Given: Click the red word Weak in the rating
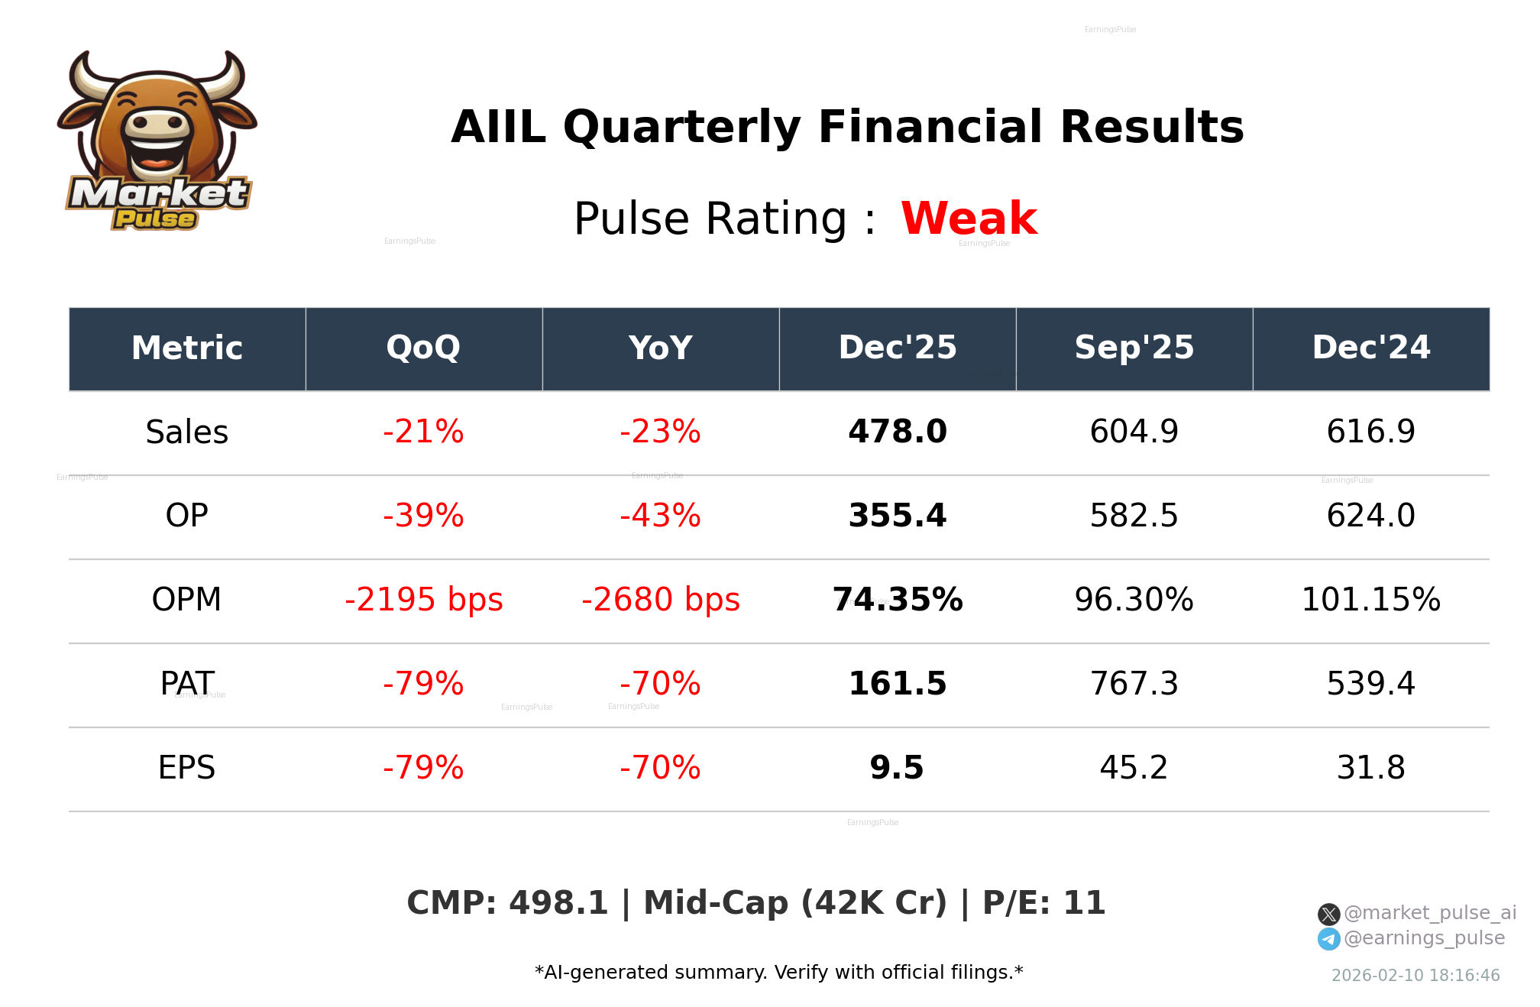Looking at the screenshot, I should [x=969, y=219].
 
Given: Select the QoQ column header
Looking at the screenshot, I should [x=423, y=348].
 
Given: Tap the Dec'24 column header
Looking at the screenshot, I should [x=1370, y=348].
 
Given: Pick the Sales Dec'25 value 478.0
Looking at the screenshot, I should [x=897, y=432].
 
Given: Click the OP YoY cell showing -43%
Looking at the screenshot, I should [x=660, y=516].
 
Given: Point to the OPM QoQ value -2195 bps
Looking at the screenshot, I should [x=423, y=600].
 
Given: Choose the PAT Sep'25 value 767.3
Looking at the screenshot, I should [x=1134, y=684].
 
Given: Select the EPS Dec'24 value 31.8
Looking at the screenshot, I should [x=1370, y=768].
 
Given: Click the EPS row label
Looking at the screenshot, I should [x=186, y=768].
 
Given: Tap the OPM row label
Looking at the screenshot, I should [x=186, y=600].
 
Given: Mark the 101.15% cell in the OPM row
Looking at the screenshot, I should [x=1370, y=600].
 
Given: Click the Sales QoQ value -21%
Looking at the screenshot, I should [x=423, y=432].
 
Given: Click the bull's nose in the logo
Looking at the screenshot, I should [x=157, y=124].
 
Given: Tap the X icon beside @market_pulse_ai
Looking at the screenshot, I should [x=1328, y=914].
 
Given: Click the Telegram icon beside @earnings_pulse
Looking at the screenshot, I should [x=1328, y=939].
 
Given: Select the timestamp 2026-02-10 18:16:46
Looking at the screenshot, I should [x=1415, y=976].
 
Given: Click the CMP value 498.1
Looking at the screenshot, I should [x=558, y=903].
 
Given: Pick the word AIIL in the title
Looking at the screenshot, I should [x=498, y=127].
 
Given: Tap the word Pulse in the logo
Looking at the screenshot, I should [x=154, y=219].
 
